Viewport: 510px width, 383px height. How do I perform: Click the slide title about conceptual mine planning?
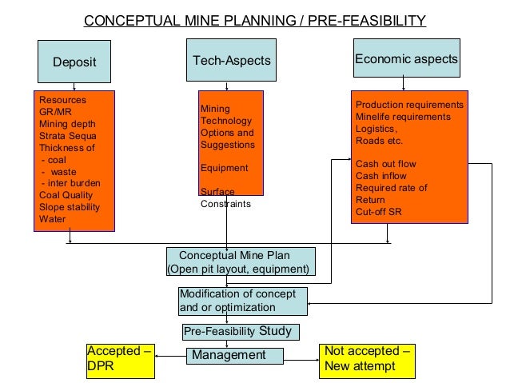[255, 19]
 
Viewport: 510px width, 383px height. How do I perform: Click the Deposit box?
[74, 61]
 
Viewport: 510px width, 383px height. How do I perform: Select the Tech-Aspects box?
[232, 60]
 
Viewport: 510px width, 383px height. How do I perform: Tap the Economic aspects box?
[406, 58]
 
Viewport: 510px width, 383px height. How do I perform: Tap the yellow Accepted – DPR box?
[119, 361]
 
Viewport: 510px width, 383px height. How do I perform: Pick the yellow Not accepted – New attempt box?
[368, 361]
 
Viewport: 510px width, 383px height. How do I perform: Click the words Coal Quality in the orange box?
[66, 194]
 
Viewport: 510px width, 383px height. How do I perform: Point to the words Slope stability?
[70, 206]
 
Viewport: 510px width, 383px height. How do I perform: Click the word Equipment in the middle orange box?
[224, 169]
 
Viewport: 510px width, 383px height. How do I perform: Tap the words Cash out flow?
[386, 164]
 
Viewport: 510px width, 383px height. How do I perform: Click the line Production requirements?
[409, 105]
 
